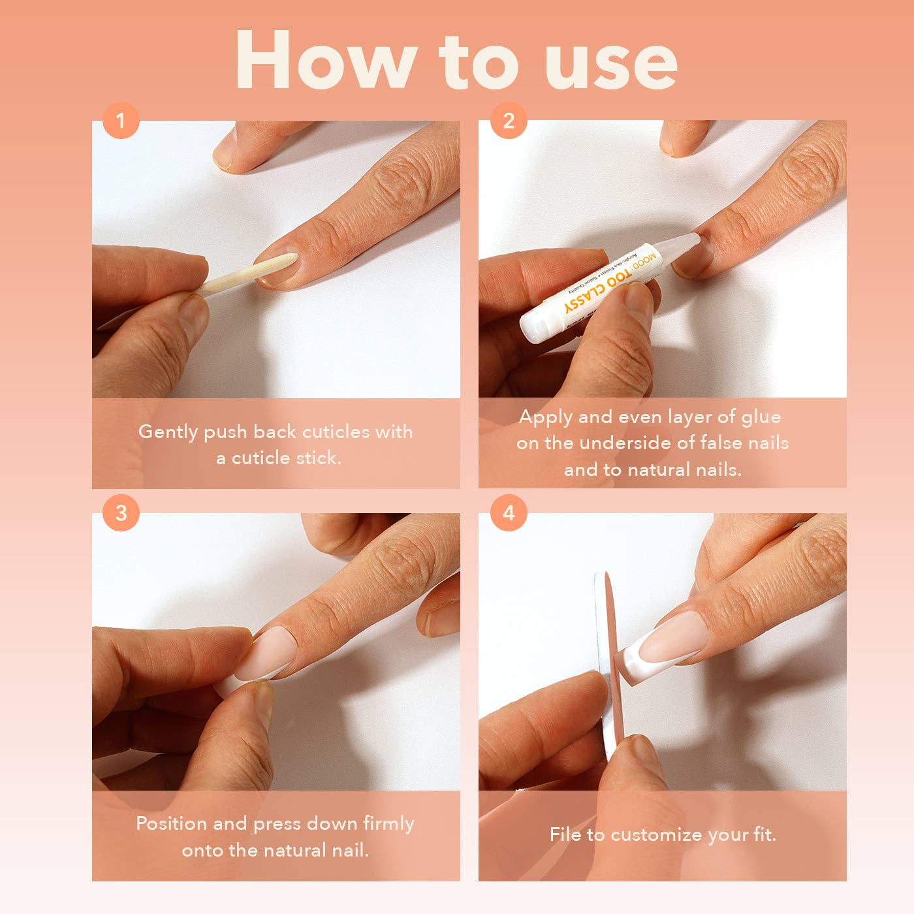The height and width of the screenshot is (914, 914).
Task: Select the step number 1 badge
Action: pyautogui.click(x=121, y=121)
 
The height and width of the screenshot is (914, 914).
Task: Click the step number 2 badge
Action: pyautogui.click(x=509, y=121)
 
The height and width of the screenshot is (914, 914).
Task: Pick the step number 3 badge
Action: pyautogui.click(x=121, y=513)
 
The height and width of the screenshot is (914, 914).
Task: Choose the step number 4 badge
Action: pyautogui.click(x=509, y=513)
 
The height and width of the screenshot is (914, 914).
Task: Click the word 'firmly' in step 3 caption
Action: pyautogui.click(x=388, y=824)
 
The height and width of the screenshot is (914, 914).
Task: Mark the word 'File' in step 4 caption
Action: pyautogui.click(x=565, y=834)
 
